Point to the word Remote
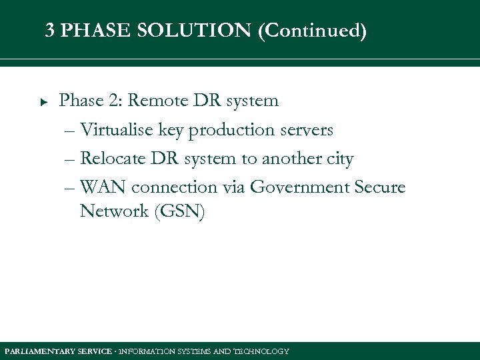(159, 101)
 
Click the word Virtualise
(117, 130)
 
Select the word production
(230, 131)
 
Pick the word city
(338, 159)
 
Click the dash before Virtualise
(70, 131)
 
